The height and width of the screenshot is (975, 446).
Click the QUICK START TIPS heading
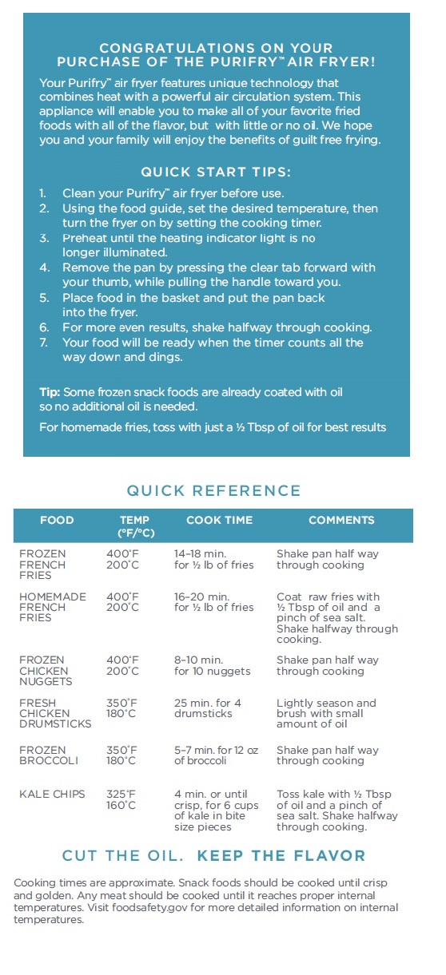216,172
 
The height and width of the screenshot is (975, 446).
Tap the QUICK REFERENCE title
214,490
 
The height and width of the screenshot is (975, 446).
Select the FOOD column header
57,520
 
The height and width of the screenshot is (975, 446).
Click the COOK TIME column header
219,520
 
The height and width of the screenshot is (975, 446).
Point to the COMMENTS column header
341,520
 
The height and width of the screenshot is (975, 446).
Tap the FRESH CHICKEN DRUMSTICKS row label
55,713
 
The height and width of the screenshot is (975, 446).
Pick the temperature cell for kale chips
122,799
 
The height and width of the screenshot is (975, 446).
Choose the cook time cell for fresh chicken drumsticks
208,708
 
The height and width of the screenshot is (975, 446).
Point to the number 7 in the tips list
43,343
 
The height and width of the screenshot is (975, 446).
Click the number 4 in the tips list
43,268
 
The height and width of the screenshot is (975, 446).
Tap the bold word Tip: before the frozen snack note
50,392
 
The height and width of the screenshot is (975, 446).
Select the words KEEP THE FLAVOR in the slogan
281,856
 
